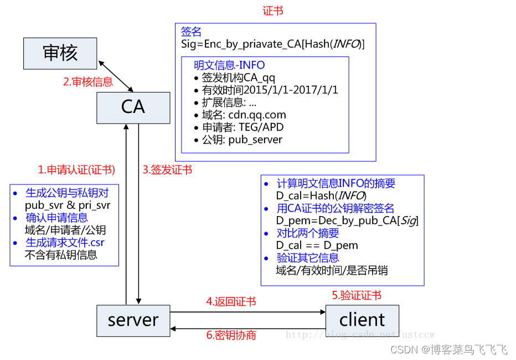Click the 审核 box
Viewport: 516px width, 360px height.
[60, 53]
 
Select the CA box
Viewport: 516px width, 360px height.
[133, 107]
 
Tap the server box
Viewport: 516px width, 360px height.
[133, 320]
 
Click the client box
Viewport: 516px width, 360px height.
[362, 320]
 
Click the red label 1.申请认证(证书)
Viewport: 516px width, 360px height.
[76, 170]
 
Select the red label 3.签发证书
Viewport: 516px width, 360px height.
[167, 170]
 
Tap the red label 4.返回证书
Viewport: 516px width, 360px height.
[231, 302]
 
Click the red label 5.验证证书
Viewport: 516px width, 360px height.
[357, 296]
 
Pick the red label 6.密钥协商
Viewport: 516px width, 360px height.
[231, 335]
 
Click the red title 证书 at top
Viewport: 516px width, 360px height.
[273, 11]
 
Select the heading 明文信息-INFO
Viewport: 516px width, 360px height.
[229, 65]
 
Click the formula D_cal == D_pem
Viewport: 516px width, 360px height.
[317, 245]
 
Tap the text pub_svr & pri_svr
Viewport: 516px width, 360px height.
[68, 205]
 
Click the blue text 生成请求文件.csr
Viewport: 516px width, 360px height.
[65, 243]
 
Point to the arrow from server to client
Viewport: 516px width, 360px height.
[247, 312]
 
